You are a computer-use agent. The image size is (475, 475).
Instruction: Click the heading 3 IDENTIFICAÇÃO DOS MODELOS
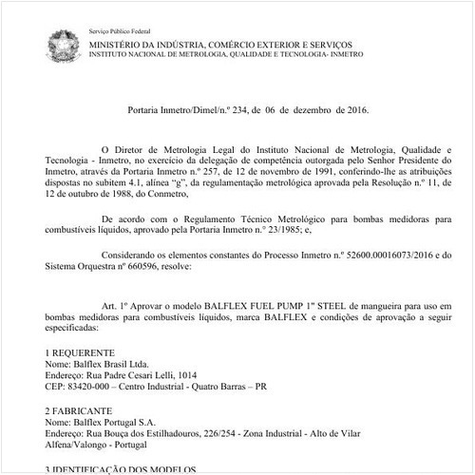[123, 469]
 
